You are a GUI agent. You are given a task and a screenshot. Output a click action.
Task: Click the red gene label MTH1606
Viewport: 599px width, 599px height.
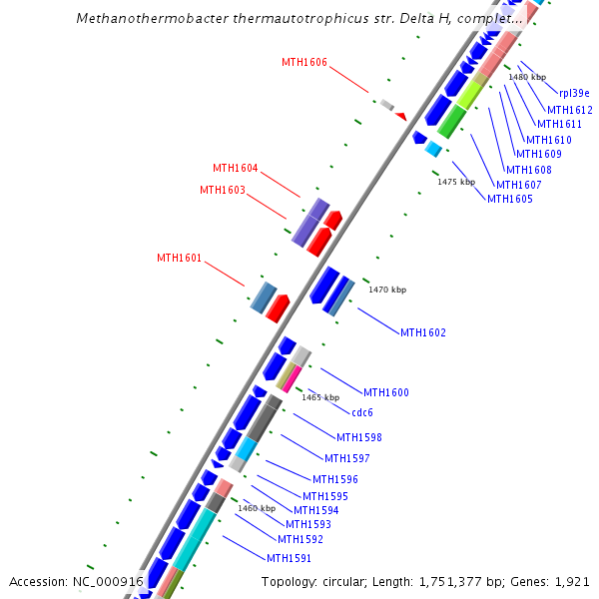click(x=303, y=62)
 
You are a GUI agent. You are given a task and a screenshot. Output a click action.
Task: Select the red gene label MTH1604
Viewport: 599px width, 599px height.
click(x=235, y=168)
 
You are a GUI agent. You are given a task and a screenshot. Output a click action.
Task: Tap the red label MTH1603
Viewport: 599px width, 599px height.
click(x=222, y=190)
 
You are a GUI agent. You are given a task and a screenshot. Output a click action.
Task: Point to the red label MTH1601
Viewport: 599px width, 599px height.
click(x=179, y=258)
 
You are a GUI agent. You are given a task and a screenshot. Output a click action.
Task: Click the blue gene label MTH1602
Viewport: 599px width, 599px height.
click(x=422, y=332)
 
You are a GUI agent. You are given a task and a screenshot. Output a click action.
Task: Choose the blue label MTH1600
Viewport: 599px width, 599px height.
click(x=385, y=392)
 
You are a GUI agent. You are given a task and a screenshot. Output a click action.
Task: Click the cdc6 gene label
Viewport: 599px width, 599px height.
click(x=361, y=412)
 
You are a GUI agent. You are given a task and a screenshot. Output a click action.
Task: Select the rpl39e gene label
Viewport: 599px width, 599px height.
click(x=573, y=92)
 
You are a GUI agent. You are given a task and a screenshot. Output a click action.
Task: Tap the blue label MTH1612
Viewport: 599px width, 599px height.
click(x=569, y=110)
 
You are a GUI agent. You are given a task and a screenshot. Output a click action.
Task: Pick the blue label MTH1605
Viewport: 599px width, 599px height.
click(x=509, y=199)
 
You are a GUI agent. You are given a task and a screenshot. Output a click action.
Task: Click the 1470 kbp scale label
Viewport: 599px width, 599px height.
click(x=387, y=290)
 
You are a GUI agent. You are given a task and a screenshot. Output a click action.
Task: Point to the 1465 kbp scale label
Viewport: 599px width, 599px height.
click(x=320, y=397)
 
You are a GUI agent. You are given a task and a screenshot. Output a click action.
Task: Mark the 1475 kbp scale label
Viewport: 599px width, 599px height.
click(x=455, y=182)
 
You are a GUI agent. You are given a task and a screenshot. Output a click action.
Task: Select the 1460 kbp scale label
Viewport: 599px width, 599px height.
click(x=256, y=508)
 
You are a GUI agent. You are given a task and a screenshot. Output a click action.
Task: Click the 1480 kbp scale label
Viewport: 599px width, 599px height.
click(x=527, y=77)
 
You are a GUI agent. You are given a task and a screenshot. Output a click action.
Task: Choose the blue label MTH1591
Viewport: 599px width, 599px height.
click(x=289, y=557)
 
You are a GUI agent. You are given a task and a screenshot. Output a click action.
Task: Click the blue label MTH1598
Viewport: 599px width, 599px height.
click(x=358, y=437)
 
